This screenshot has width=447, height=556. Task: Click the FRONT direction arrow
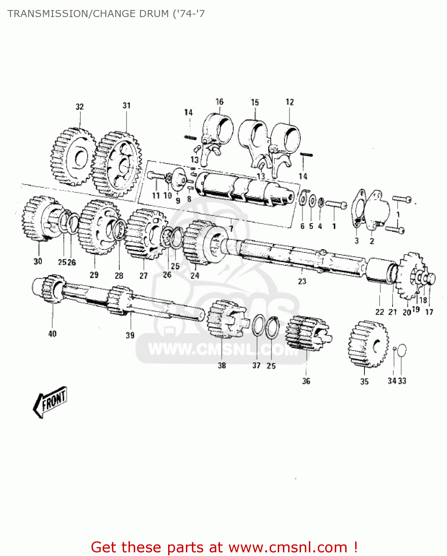[x=50, y=402]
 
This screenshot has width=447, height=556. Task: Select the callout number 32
[x=80, y=107]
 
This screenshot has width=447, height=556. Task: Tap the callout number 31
[x=127, y=106]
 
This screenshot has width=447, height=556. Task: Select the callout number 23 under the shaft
[x=302, y=281]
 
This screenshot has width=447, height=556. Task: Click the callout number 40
[x=52, y=334]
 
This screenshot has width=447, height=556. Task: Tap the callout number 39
[x=130, y=335]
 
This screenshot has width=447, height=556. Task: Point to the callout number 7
[x=231, y=229]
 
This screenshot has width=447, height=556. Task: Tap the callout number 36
[x=306, y=381]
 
